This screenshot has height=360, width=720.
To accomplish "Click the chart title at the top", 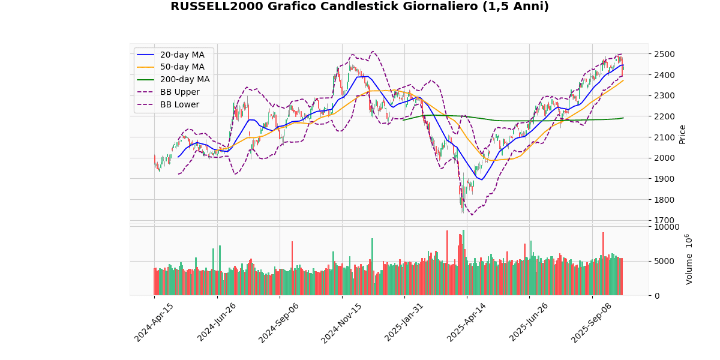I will pyautogui.click(x=359, y=7).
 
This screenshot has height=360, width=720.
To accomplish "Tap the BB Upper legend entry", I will pyautogui.click(x=178, y=92).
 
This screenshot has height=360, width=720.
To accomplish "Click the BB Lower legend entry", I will pyautogui.click(x=178, y=105).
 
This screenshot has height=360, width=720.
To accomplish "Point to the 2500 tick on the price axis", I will pyautogui.click(x=663, y=54).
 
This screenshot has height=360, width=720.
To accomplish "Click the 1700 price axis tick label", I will pyautogui.click(x=663, y=220).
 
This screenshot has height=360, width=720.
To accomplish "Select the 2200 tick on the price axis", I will pyautogui.click(x=663, y=116).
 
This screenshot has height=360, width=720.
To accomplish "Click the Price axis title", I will pyautogui.click(x=682, y=134).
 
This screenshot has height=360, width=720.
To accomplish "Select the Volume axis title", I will pyautogui.click(x=688, y=259).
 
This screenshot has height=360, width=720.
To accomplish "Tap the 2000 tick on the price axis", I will pyautogui.click(x=663, y=158).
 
